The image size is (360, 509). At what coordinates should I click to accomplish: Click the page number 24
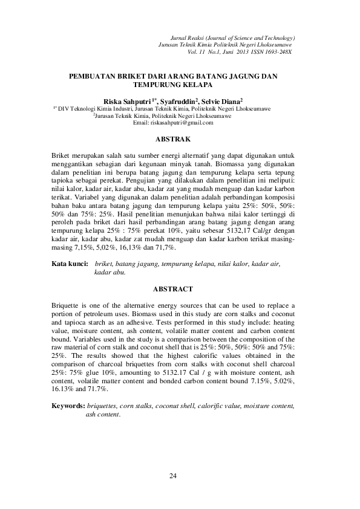[x=174, y=477]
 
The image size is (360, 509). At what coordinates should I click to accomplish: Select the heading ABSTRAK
[x=173, y=140]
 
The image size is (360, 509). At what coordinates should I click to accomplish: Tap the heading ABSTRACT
[x=173, y=290]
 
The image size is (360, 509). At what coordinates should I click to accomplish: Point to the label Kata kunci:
[x=70, y=264]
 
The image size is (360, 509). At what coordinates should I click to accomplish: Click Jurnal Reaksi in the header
[x=188, y=37]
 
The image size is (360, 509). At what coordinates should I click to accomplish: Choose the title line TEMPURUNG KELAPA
[x=173, y=85]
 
